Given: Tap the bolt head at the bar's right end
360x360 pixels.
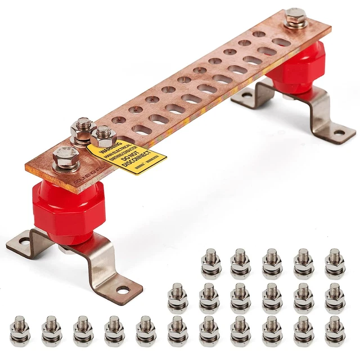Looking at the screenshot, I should [x=296, y=18].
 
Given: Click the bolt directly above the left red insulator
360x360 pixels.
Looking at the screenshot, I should [x=66, y=159].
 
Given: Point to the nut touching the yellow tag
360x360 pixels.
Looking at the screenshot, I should [x=103, y=136].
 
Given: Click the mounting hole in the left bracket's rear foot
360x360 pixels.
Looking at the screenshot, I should [x=24, y=243].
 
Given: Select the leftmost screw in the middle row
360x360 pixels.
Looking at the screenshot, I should [x=177, y=297].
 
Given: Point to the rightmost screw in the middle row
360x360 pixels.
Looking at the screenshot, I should [x=335, y=297].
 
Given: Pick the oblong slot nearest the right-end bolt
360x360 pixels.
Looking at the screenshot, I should [x=281, y=42].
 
